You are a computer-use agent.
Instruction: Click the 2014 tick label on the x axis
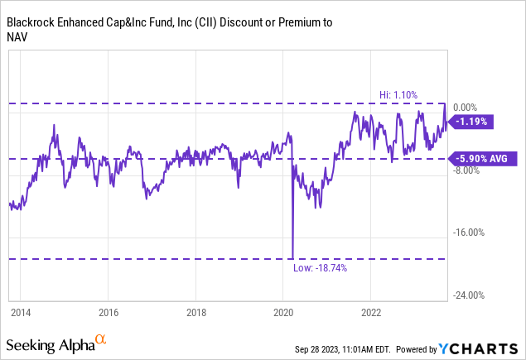[20, 313]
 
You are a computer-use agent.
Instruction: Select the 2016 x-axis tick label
[108, 313]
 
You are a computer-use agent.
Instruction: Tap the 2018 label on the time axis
[195, 313]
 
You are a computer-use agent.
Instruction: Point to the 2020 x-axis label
[283, 313]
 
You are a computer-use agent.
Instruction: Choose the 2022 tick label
[370, 313]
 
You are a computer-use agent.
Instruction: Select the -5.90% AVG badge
[483, 158]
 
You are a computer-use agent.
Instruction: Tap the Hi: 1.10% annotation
[415, 95]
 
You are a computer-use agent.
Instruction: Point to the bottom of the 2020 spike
[292, 257]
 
